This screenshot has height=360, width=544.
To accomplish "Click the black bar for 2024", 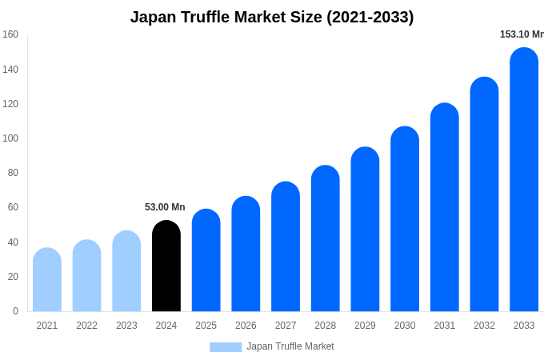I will coord(166,266).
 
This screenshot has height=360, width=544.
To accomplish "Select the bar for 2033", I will coord(524,180).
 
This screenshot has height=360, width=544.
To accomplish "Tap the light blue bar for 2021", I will coord(47,280).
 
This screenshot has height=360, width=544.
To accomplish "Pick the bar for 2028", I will coord(326,238).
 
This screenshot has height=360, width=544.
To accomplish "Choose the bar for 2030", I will coord(405,219).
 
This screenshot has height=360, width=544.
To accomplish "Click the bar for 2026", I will coord(246,254).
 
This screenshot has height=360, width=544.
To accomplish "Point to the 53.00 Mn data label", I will coord(165,207).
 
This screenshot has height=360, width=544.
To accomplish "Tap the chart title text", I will coord(272,17).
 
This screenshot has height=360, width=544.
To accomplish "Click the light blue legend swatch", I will coord(226,346).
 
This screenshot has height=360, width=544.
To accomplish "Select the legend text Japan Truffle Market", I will coord(290,346).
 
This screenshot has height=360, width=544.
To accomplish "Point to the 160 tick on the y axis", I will coord(10,34).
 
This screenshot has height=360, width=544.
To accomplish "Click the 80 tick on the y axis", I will coord(13,173).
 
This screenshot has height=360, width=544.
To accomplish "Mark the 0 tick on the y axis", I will coord(15,311).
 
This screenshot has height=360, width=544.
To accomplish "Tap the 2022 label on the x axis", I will coord(86,326).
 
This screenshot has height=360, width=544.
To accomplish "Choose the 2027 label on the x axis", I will coord(286,326).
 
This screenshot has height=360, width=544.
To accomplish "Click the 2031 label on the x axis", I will coord(445,326).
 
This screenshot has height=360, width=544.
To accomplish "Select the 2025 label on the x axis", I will coord(206,326).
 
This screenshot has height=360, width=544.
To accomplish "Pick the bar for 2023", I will coord(126,271).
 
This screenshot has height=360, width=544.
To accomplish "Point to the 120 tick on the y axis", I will coord(10,104).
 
